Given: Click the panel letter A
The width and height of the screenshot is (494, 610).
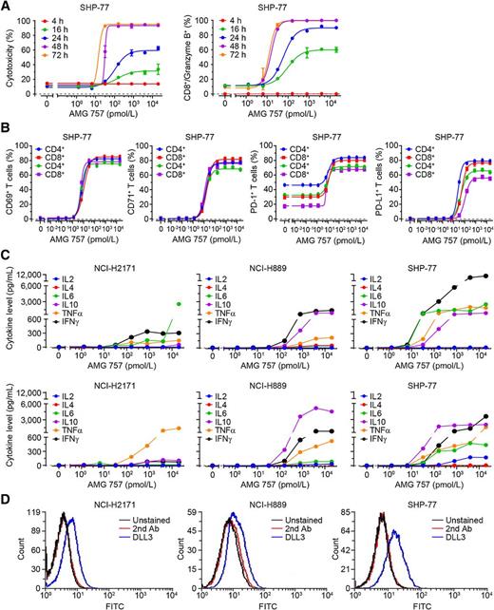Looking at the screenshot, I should (6, 7).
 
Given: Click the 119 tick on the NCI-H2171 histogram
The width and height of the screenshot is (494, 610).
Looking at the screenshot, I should (35, 513).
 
